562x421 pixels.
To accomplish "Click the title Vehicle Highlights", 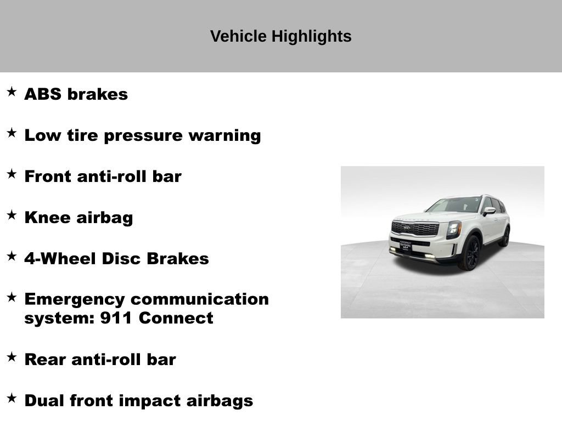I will coord(280,37).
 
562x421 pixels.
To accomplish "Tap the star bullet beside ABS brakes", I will coord(12,92).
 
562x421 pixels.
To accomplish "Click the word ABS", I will coord(43,94).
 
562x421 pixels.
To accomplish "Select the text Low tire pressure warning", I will coord(142,135).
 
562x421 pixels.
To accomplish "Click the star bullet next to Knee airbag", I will coord(12,215).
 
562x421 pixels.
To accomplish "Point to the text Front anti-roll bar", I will coord(103,177).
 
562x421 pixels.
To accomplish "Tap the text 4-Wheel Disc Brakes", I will coord(116,259).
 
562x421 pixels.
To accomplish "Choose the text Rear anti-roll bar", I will coord(100,360).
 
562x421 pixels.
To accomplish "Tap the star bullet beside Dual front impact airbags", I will coord(12,398).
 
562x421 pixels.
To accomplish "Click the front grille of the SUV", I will coord(414,228).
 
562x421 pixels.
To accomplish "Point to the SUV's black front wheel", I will coord(470,253).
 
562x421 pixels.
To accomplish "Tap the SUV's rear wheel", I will coord(504,236).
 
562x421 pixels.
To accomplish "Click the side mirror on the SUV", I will coord(489,211).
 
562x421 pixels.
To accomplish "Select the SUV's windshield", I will coord(454,205).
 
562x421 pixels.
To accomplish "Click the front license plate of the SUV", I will coord(406,247).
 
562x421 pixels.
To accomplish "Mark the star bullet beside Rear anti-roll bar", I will coord(12,357).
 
